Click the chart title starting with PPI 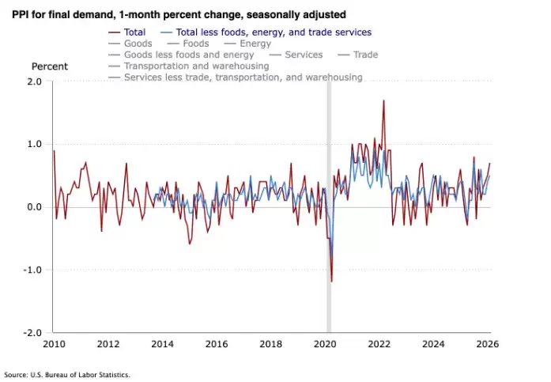tap(179, 15)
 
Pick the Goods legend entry tap(138, 43)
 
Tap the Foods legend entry tap(196, 43)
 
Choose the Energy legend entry tap(255, 43)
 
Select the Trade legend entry tap(365, 55)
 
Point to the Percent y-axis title tap(49, 66)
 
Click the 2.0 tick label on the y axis tap(35, 81)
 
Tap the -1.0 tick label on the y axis tap(33, 270)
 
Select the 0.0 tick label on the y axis tap(35, 207)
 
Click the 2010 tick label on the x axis tap(54, 344)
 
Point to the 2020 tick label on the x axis tap(326, 344)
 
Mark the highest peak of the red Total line tap(383, 100)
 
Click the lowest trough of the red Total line tap(332, 281)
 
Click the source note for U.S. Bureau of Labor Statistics tap(66, 374)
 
